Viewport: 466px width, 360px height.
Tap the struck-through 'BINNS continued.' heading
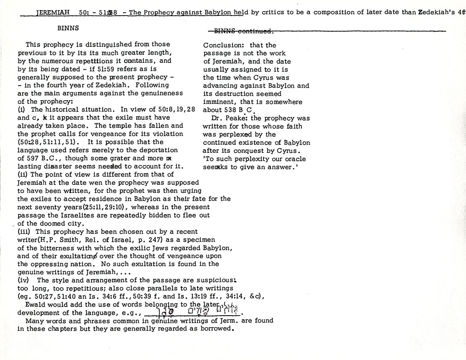click(244, 31)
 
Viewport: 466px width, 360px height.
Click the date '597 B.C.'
click(41, 158)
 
